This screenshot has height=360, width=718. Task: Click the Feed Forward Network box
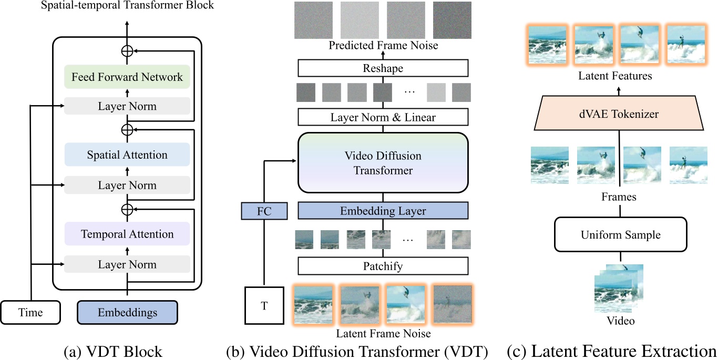[x=127, y=77]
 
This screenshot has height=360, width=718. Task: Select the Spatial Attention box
[x=127, y=155]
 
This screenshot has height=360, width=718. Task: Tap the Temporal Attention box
[x=127, y=234]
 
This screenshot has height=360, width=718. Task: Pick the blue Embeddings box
[x=127, y=313]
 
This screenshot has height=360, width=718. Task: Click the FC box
[x=264, y=211]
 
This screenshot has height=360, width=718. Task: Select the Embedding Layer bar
[x=383, y=211]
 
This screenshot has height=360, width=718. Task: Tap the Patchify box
[x=383, y=266]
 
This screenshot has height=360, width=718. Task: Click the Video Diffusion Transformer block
[x=383, y=163]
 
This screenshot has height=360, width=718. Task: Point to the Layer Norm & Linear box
[x=383, y=117]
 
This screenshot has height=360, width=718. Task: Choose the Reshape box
[x=383, y=68]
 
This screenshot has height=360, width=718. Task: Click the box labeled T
[x=264, y=305]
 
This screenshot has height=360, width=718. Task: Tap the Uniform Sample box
[x=621, y=234]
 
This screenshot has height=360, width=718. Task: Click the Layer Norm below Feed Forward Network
[x=127, y=107]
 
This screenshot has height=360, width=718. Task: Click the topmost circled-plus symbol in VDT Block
[x=127, y=51]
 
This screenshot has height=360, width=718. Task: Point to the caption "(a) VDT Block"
[x=112, y=351]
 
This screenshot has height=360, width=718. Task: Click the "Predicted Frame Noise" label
[x=383, y=45]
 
